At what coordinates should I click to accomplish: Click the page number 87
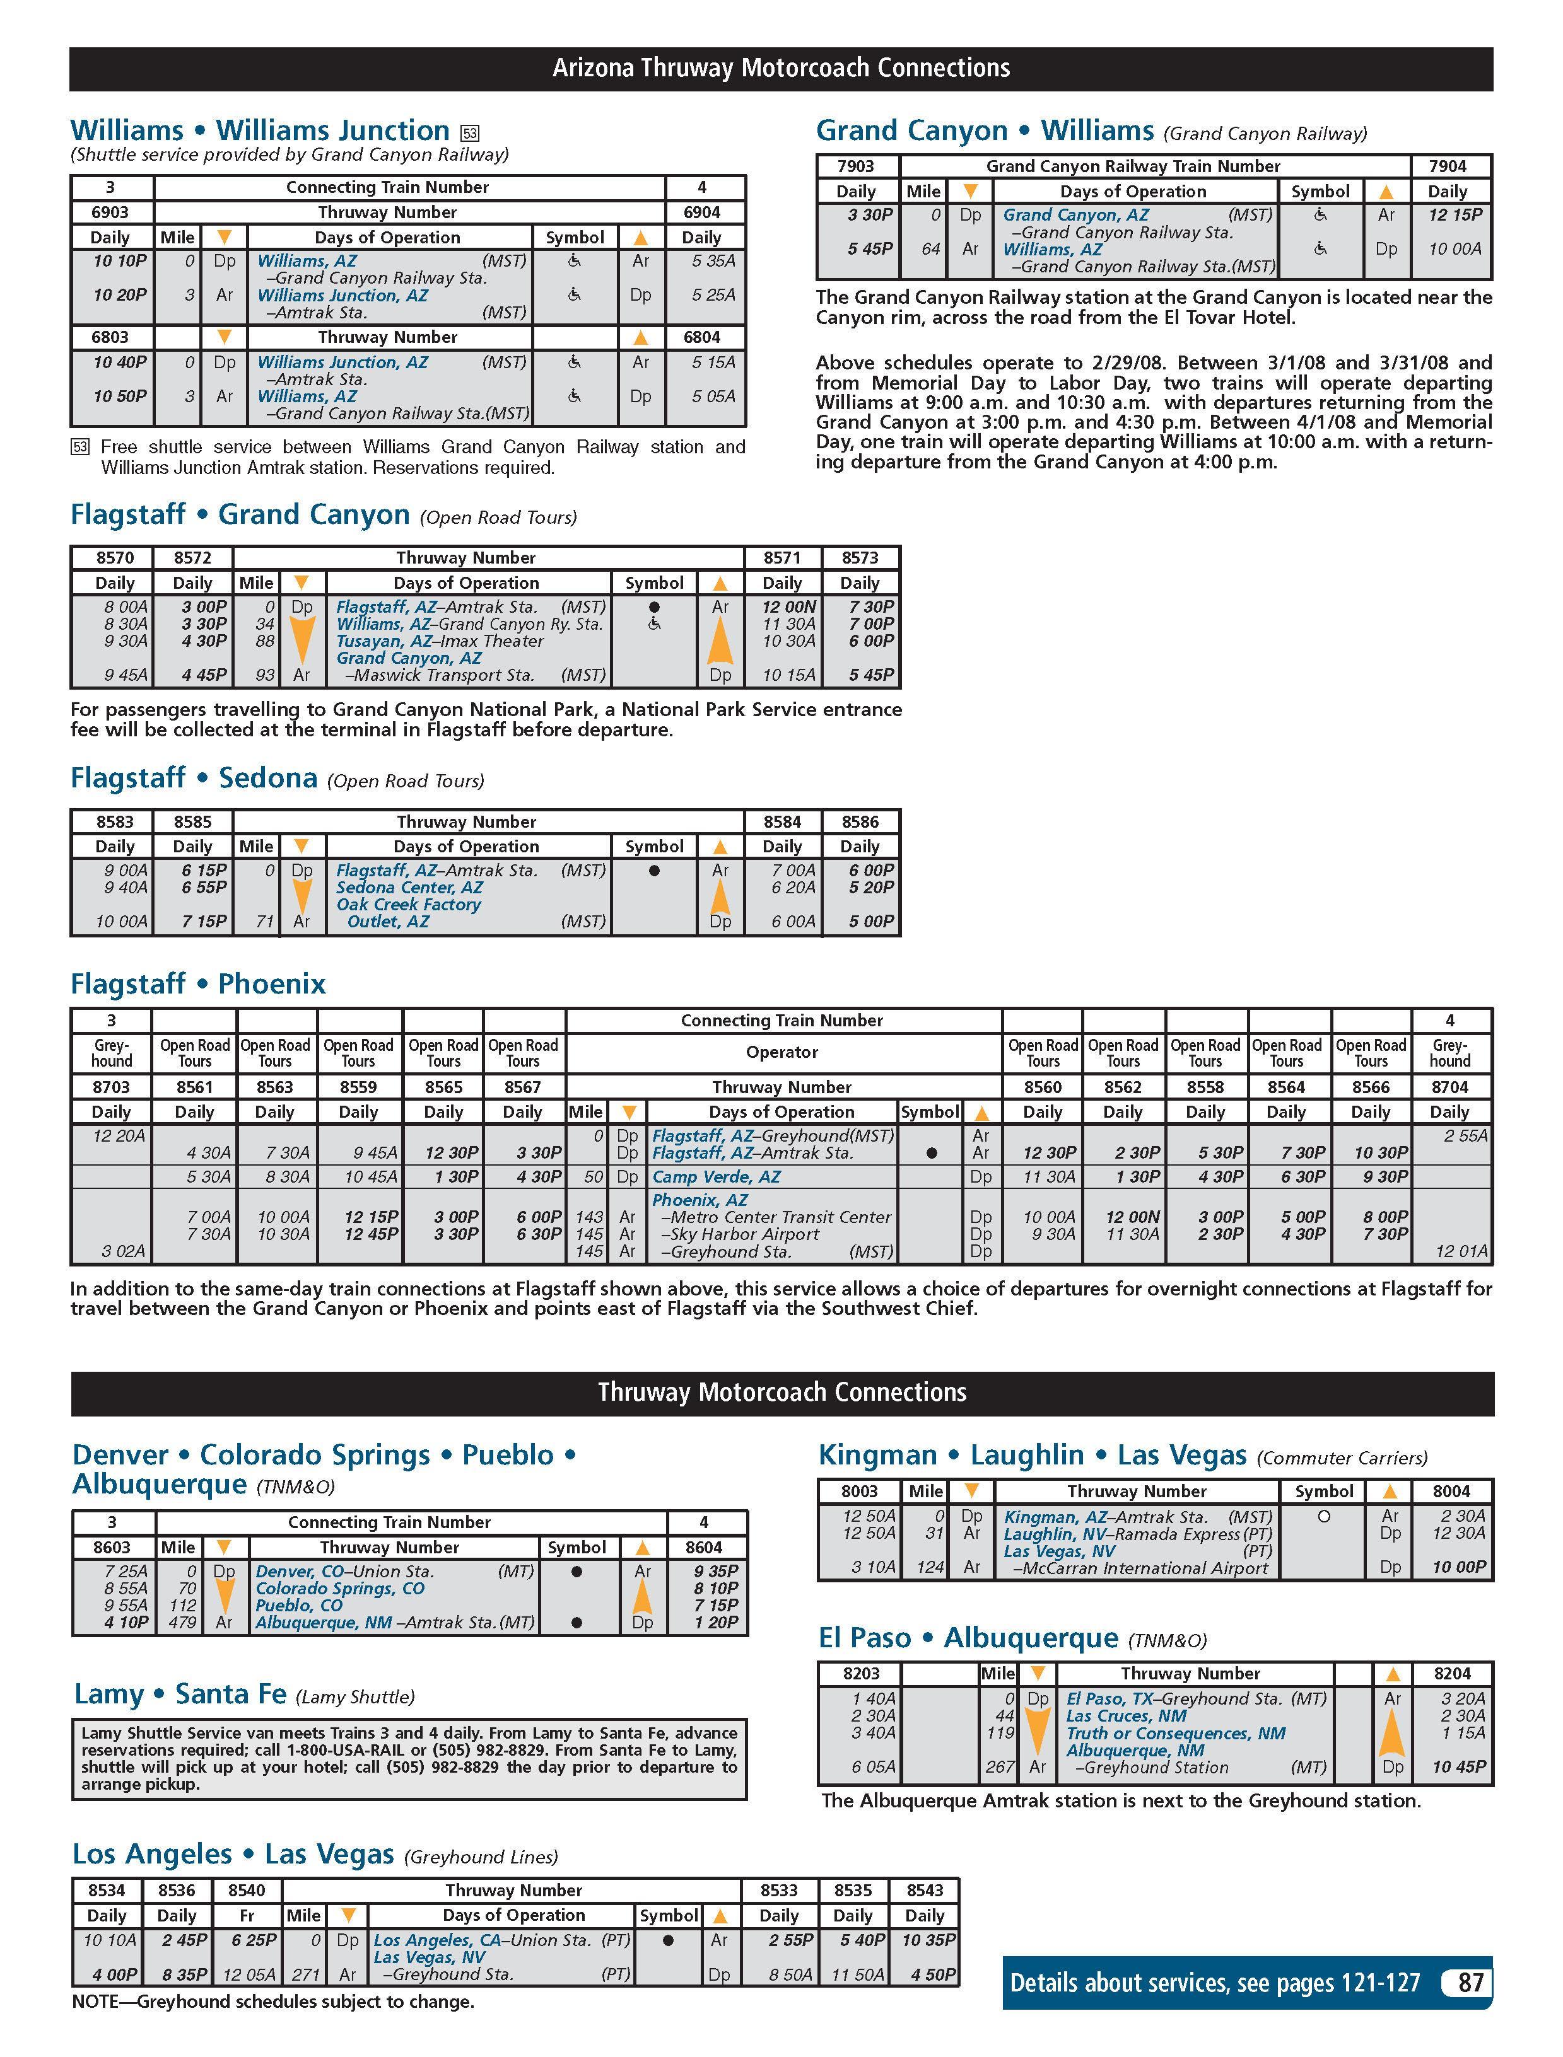tap(1470, 1982)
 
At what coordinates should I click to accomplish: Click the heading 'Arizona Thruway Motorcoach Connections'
tap(781, 68)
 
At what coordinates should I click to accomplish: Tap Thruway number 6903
tap(110, 212)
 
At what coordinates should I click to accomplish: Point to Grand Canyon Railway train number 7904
tap(1447, 166)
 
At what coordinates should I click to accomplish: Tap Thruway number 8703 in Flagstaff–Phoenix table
tap(111, 1086)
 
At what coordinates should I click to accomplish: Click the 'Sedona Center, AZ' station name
tap(409, 887)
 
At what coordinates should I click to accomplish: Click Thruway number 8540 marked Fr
tap(247, 1889)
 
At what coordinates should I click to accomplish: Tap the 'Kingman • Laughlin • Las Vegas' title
tap(1032, 1454)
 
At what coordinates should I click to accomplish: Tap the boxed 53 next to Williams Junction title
tap(470, 133)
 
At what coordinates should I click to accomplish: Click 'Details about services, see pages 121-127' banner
tap(1215, 1983)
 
